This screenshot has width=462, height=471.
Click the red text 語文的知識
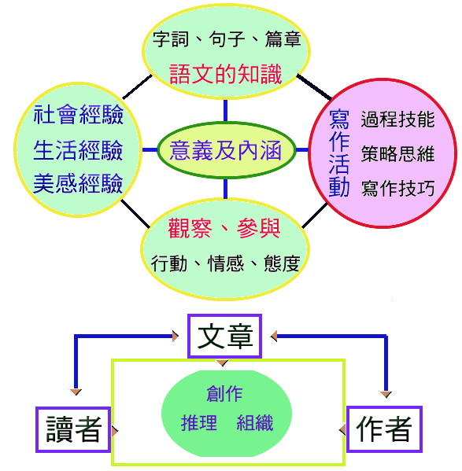(x=225, y=74)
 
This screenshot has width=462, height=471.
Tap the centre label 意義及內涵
(x=225, y=150)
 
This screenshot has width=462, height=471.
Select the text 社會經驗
(x=79, y=115)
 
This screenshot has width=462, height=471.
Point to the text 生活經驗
(x=78, y=150)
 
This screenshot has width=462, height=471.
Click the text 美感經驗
(x=78, y=183)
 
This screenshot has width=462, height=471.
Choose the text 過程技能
(x=397, y=119)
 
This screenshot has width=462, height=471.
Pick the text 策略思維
(x=397, y=153)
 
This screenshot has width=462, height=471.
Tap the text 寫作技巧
(x=397, y=188)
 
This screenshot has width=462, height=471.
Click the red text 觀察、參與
(x=224, y=228)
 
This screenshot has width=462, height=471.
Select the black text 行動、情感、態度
(x=225, y=263)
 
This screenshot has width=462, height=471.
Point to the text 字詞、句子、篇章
(x=227, y=39)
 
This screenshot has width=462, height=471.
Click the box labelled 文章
(x=224, y=336)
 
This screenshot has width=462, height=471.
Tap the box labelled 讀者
(x=73, y=429)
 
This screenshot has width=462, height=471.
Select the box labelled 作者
(x=384, y=429)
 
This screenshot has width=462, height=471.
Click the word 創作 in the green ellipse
(x=224, y=393)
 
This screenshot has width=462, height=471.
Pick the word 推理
(x=198, y=422)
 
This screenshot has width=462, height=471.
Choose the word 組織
(x=254, y=422)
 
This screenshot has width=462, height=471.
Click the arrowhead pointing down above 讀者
(x=76, y=392)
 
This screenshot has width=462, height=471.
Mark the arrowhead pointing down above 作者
(x=386, y=394)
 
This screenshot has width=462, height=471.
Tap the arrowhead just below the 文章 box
(x=222, y=362)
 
